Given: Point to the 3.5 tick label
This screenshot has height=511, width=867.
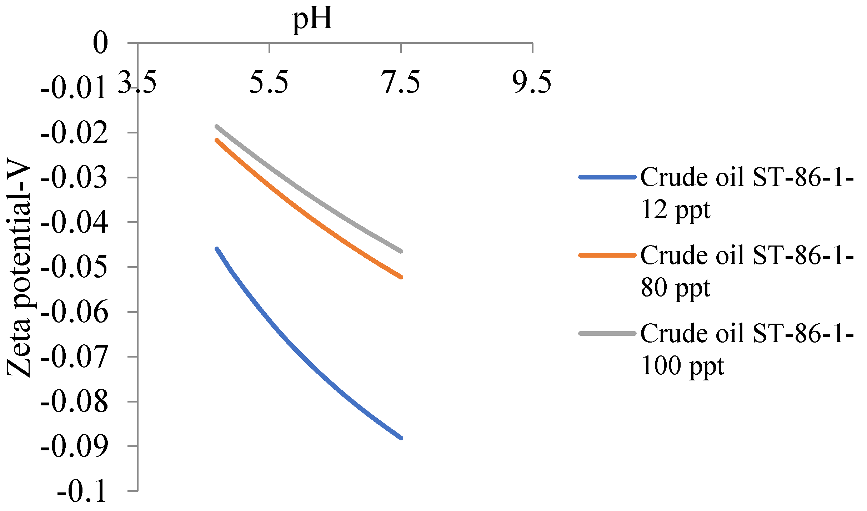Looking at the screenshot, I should click(x=137, y=83).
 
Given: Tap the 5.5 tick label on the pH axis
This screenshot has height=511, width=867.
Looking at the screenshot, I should click(x=269, y=83).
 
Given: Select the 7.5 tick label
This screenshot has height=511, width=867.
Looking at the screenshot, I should click(x=401, y=83).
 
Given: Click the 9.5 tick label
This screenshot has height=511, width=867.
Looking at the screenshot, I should click(x=532, y=83).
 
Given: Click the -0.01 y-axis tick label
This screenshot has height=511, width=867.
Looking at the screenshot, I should click(x=74, y=88).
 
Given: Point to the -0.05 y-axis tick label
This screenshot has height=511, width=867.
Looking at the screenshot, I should click(x=74, y=268).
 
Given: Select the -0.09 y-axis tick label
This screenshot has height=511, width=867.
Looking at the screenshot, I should click(x=74, y=447).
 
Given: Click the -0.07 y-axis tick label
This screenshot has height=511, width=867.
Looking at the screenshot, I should click(x=74, y=357).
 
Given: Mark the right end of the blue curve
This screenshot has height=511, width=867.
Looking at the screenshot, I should click(x=401, y=438).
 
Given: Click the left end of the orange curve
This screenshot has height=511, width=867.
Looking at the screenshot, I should click(x=216, y=140).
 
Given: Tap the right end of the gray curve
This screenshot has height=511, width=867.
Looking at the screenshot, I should click(x=401, y=251).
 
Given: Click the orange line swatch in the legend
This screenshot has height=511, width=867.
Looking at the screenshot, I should click(x=607, y=255).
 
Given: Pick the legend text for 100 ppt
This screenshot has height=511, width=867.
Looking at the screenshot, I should click(x=746, y=349).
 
